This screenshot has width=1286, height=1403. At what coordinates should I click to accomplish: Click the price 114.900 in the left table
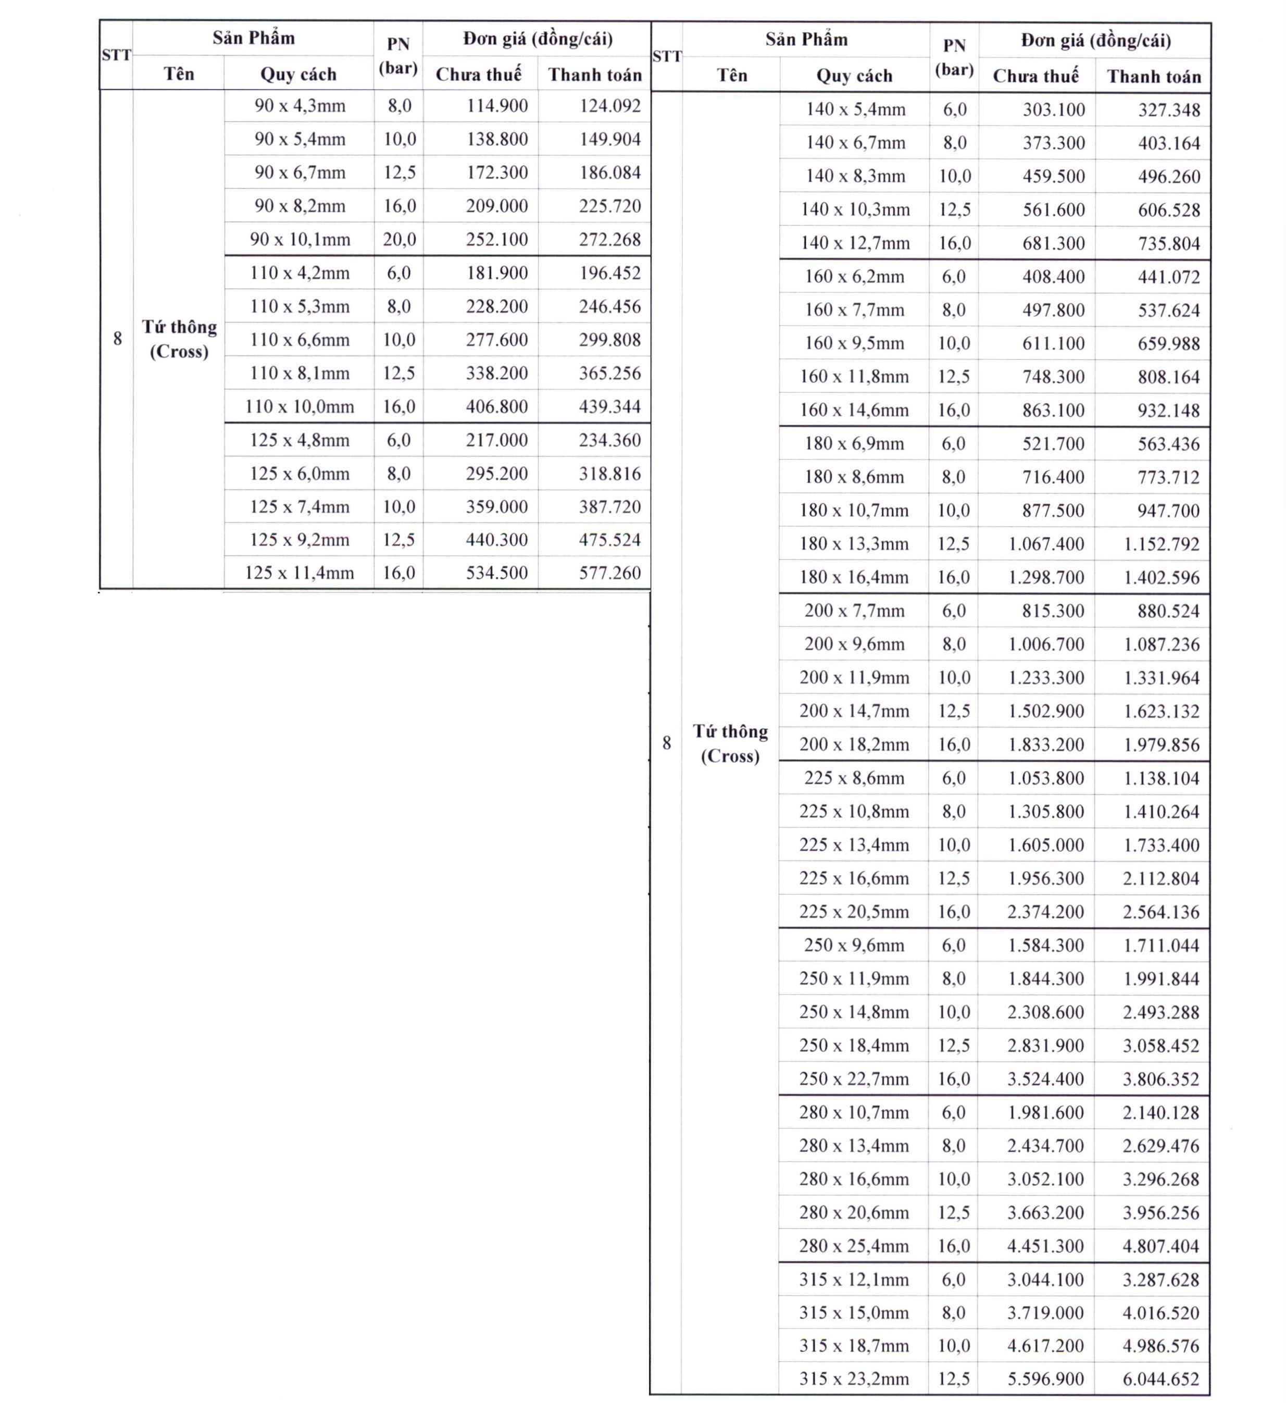[x=496, y=106]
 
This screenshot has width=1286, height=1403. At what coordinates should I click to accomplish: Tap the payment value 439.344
[x=609, y=406]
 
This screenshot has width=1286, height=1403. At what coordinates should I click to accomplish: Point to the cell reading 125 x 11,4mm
[x=299, y=573]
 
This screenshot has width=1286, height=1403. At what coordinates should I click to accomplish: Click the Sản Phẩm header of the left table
[x=253, y=38]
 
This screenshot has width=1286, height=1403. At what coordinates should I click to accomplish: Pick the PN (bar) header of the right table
[x=954, y=57]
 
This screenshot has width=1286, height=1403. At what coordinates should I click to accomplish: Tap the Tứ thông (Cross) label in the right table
[x=730, y=743]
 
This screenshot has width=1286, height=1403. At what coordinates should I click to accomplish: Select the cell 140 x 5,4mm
[x=855, y=109]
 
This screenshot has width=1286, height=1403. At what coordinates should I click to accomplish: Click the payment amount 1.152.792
[x=1162, y=543]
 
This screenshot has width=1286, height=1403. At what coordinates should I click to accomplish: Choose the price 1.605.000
[x=1046, y=845]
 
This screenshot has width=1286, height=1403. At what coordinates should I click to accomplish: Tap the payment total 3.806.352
[x=1161, y=1079]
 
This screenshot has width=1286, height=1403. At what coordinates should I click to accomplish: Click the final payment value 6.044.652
[x=1161, y=1379]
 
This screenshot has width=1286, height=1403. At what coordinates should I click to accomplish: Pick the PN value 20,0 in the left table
[x=399, y=240]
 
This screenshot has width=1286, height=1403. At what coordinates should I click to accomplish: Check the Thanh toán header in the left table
[x=594, y=75]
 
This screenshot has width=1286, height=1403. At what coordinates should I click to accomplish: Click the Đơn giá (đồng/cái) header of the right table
[x=1095, y=40]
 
